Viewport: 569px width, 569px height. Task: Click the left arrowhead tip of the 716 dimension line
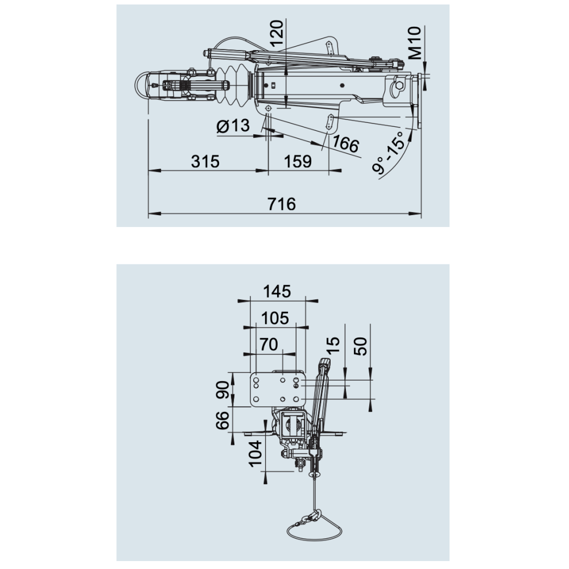coord(149,214)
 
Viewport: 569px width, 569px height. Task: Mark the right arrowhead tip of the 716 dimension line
coord(420,214)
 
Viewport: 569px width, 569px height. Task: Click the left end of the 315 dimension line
coord(149,170)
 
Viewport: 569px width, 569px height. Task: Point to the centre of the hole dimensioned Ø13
coord(269,108)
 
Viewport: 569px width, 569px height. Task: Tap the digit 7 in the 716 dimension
coord(273,204)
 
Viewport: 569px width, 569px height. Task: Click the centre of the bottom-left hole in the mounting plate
coord(256,399)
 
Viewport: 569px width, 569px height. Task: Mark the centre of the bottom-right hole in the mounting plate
coord(296,399)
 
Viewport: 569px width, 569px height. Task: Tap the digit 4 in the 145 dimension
coord(277,291)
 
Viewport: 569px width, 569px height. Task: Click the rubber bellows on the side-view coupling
coord(232,86)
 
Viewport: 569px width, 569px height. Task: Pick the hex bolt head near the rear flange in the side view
coord(399,85)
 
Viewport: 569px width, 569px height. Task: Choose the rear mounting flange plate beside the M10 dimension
coord(419,101)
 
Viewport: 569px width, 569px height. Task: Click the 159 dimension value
coord(298,162)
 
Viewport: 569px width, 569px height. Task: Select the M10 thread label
coord(415,43)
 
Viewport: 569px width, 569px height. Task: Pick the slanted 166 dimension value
coord(345,144)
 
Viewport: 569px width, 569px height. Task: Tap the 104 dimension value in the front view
coord(255,453)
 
